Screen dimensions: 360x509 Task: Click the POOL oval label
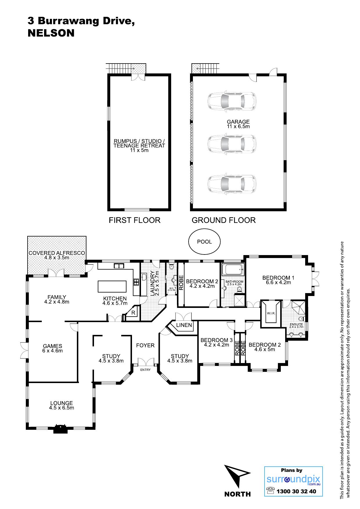205,241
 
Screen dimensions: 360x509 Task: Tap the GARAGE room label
238,122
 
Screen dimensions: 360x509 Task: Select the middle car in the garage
232,143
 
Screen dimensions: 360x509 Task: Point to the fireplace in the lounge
60,429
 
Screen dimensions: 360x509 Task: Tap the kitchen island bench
112,286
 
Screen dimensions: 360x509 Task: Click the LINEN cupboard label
184,325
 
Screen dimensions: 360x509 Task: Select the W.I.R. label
271,313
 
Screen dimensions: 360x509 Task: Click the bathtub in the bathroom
232,270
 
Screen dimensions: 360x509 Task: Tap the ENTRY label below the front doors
145,370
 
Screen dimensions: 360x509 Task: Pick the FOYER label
145,345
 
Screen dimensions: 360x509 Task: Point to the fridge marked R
133,313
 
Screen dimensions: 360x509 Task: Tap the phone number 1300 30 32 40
296,491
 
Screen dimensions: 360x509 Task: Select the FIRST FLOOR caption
135,220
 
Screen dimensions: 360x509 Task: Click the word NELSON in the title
51,33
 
